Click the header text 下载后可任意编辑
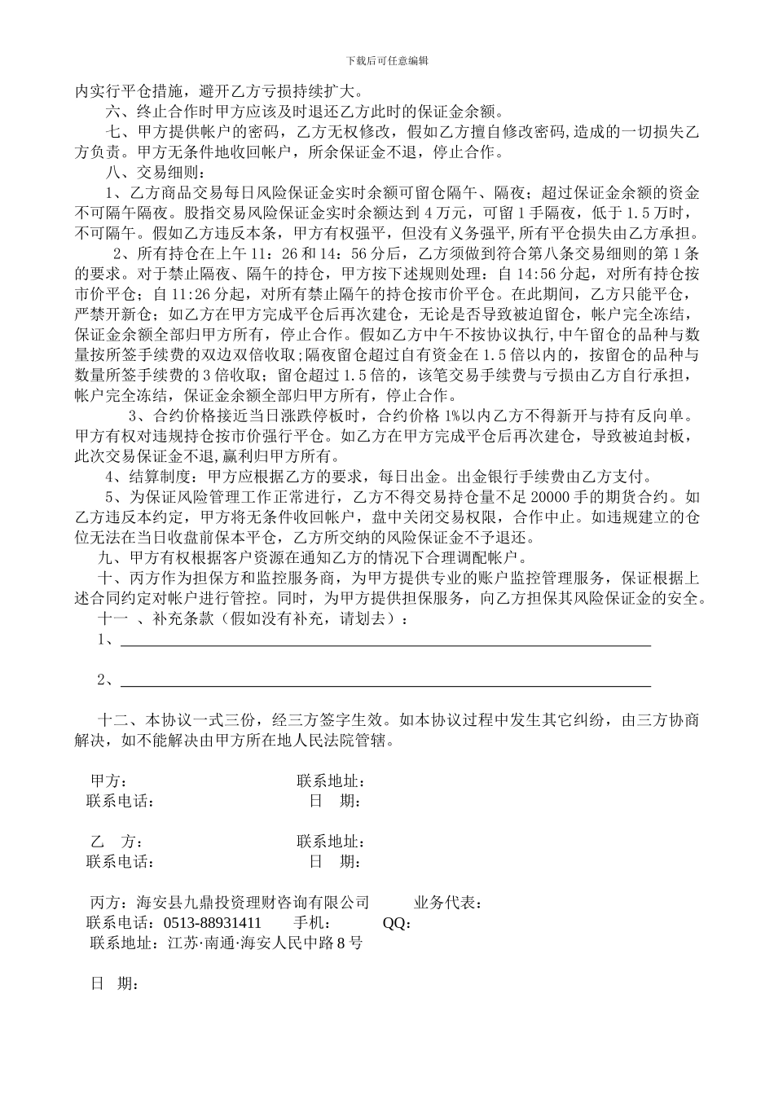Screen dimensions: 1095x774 pos(387,60)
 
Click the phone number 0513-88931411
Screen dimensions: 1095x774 pos(212,923)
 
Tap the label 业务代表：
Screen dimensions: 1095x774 pos(449,903)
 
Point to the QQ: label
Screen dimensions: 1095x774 pos(397,923)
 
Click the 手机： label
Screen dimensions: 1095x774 pos(312,923)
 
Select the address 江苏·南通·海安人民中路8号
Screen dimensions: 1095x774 pos(265,943)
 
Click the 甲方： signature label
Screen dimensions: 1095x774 pos(108,781)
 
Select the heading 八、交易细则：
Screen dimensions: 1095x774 pos(146,173)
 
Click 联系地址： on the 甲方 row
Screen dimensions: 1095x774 pos(330,781)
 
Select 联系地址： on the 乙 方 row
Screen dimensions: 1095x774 pos(330,842)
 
